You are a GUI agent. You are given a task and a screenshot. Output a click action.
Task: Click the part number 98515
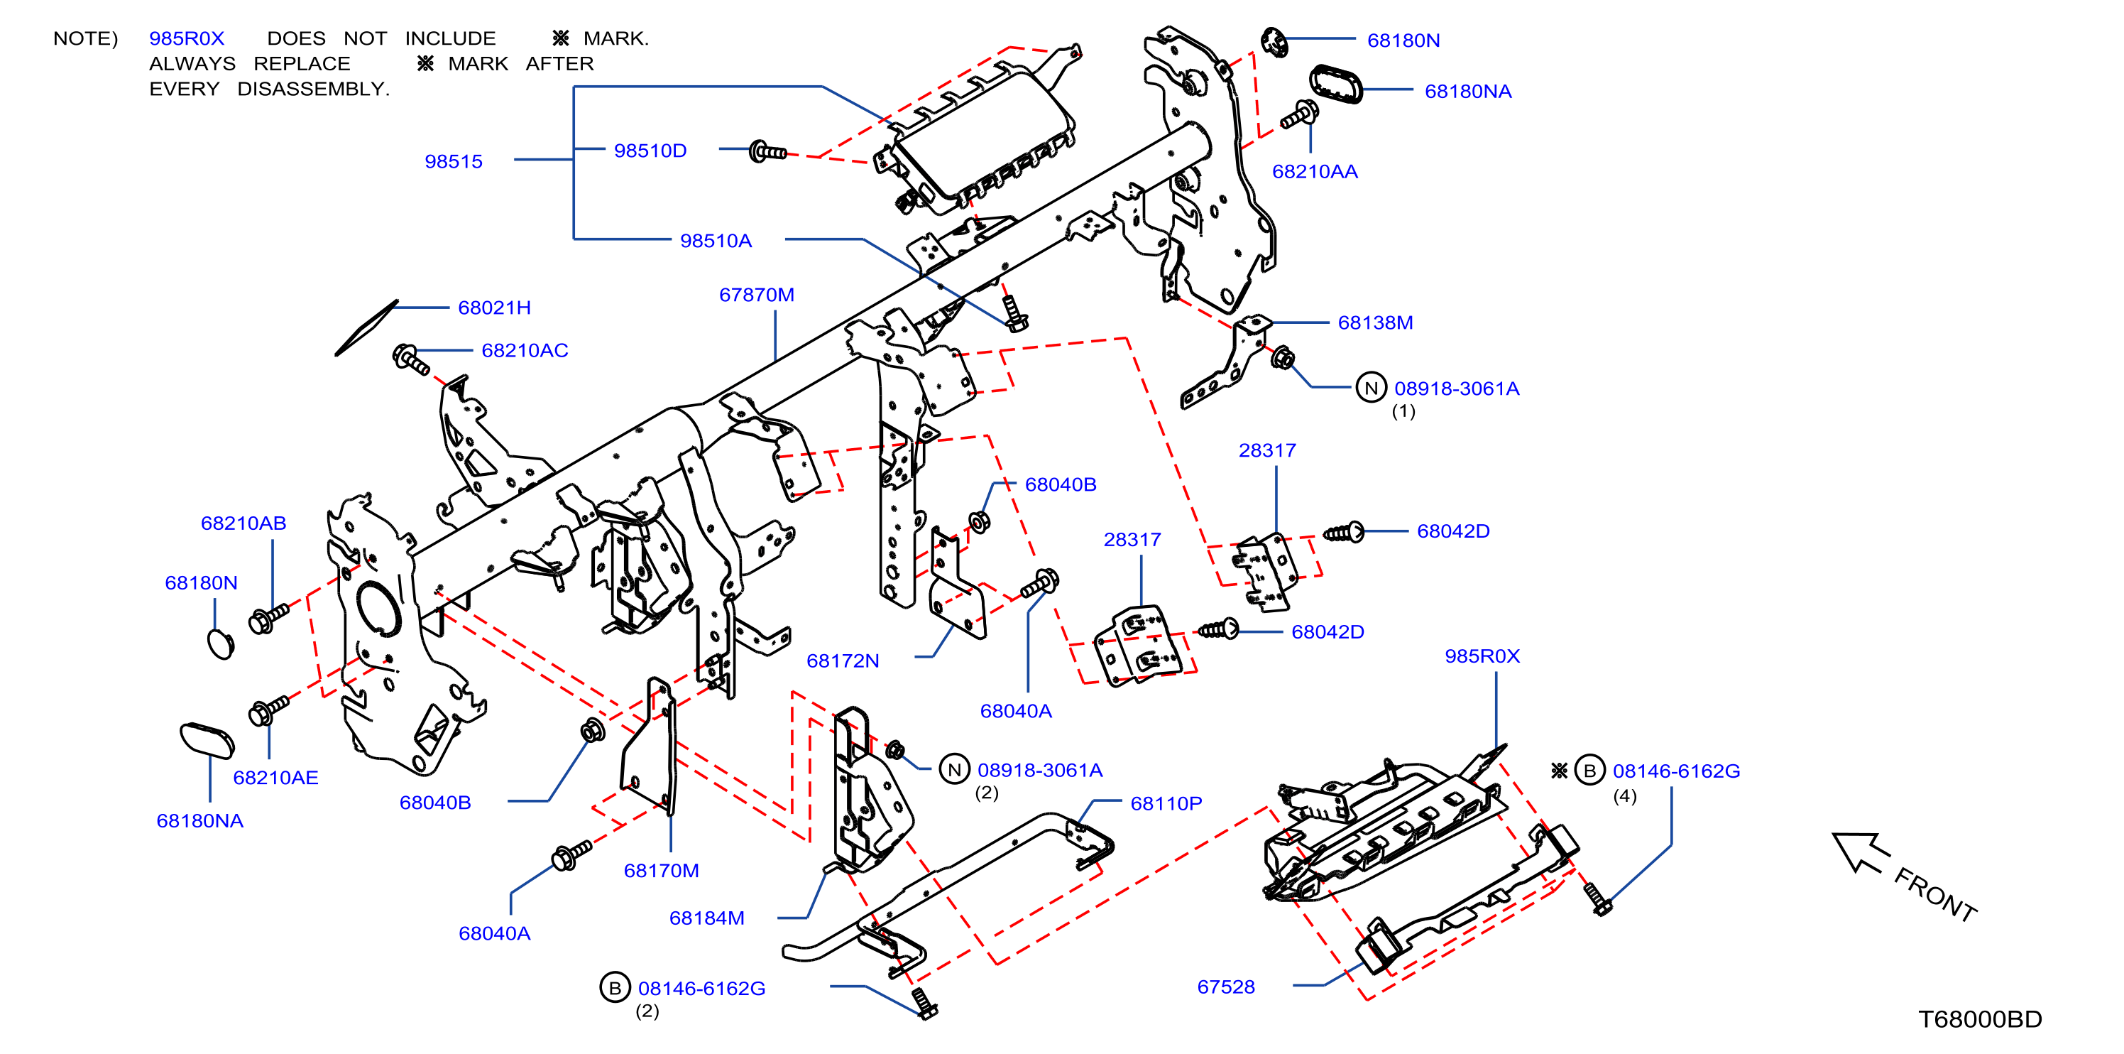(454, 162)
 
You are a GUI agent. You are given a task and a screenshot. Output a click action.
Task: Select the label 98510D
(650, 151)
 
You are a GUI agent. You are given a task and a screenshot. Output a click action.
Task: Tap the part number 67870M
(756, 295)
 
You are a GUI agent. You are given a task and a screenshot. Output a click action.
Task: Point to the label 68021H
(494, 308)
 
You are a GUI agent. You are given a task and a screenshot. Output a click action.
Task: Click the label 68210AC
(525, 351)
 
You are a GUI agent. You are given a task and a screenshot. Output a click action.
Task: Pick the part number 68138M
(1374, 323)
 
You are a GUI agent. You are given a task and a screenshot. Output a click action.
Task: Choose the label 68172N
(842, 661)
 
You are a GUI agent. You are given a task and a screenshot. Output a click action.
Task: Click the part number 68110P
(1166, 803)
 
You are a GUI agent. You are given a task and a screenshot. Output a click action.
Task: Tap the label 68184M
(706, 918)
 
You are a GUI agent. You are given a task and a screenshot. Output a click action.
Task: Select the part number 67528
(1225, 987)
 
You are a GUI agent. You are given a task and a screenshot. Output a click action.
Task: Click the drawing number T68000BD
(1980, 1019)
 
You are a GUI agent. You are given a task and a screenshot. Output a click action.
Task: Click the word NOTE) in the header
(86, 39)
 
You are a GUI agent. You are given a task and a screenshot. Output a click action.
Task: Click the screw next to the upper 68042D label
(1343, 533)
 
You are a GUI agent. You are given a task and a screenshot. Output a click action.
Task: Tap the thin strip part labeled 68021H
(366, 328)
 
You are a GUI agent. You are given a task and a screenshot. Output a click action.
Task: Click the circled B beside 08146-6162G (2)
(614, 988)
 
